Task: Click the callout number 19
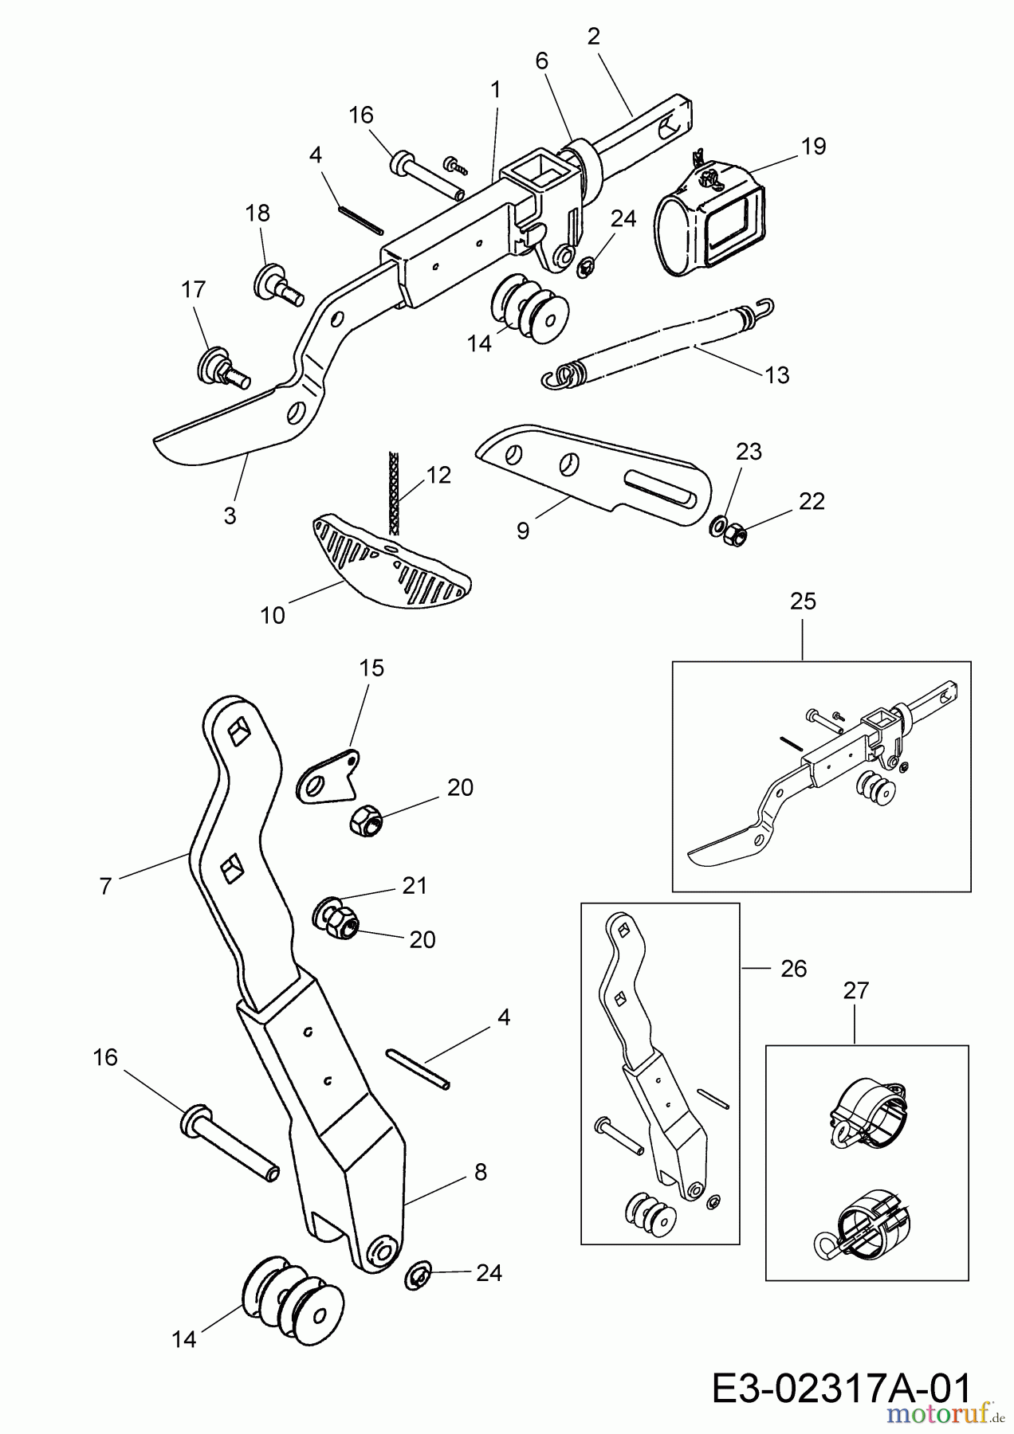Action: point(814,146)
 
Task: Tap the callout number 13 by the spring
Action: point(776,374)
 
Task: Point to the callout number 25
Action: point(803,601)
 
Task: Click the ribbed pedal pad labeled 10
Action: point(387,562)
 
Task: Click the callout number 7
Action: point(106,886)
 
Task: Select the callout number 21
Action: point(415,885)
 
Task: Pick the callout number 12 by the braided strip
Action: point(438,475)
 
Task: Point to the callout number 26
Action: point(794,969)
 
